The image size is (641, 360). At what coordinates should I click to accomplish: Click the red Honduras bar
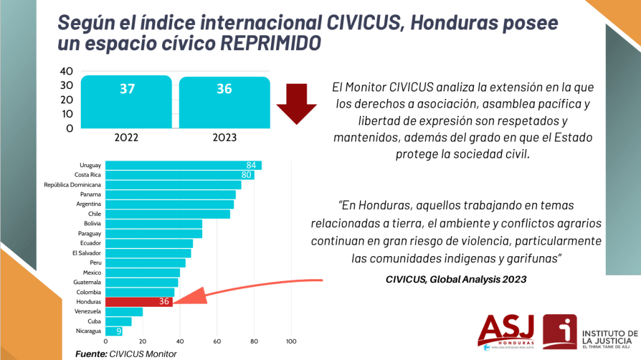139,302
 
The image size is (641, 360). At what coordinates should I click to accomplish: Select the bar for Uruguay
183,165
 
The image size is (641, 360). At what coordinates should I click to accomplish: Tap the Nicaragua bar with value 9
114,331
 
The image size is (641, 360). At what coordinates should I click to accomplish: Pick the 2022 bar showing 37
126,102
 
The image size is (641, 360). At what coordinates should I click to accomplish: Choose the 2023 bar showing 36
225,102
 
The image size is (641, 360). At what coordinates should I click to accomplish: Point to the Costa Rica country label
88,175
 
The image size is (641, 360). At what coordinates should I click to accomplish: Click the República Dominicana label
73,185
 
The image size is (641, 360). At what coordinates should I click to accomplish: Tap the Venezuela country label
88,311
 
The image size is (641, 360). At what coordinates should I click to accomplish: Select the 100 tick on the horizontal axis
291,341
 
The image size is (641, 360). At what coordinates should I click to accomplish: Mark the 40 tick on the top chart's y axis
66,71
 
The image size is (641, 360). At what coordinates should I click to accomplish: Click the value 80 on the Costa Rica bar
246,175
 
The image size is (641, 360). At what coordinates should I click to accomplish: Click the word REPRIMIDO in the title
270,43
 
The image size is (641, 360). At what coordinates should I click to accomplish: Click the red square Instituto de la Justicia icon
560,332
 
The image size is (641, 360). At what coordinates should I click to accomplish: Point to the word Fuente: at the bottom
91,354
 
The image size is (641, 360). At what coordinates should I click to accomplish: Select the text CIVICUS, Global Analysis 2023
456,279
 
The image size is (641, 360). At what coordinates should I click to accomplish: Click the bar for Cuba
118,322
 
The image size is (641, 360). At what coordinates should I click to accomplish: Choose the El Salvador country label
86,253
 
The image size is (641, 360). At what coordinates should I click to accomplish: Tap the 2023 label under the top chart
225,138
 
